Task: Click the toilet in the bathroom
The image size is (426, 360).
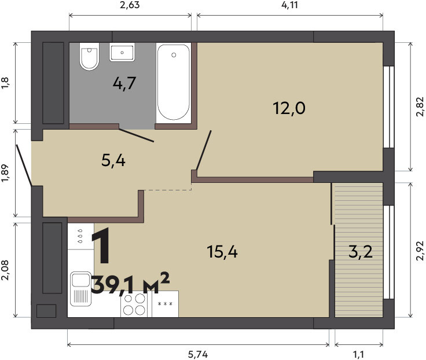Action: (89, 57)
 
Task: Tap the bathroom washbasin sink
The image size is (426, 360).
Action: (122, 52)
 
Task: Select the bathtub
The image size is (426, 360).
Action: (174, 82)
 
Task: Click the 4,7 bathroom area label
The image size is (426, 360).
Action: (124, 83)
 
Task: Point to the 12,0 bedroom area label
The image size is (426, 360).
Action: (289, 108)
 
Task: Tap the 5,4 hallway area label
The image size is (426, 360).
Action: (113, 161)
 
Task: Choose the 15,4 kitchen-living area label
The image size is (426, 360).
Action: (222, 251)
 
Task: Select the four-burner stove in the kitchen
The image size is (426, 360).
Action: (134, 304)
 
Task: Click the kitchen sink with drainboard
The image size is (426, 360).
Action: (80, 289)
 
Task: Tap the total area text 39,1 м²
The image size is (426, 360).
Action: (130, 284)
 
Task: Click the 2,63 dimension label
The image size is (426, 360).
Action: (130, 5)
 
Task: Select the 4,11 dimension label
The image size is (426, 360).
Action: (289, 5)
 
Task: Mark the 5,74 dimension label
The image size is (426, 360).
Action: (198, 354)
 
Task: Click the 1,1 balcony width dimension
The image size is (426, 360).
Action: (359, 354)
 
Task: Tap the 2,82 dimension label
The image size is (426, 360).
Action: (420, 106)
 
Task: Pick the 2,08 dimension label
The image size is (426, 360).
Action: (5, 270)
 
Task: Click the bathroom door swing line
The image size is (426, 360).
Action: (137, 135)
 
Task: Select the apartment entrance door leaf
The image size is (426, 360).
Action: (24, 165)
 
